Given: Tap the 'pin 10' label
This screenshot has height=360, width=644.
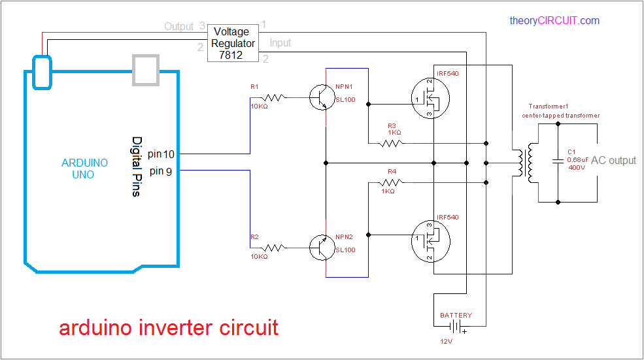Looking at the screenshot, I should point(161,154).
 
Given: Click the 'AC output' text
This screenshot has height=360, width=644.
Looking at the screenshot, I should point(613,161).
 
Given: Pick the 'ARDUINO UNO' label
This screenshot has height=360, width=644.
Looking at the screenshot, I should point(84,169).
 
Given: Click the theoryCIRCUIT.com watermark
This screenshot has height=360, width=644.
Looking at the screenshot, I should point(554,21).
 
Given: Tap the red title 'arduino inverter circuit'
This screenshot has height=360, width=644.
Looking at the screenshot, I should point(169,327).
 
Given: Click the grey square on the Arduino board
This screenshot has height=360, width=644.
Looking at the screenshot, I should point(145,69).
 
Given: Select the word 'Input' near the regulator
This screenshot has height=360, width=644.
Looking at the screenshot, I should point(280,43).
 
